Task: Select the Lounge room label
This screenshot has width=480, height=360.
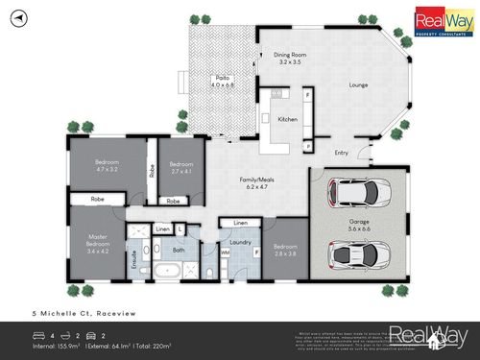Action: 359,84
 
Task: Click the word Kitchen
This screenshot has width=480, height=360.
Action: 287,119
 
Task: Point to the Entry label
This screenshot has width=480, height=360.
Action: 341,152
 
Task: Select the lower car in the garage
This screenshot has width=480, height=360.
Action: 359,255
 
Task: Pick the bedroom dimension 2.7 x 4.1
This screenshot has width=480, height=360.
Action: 180,171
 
